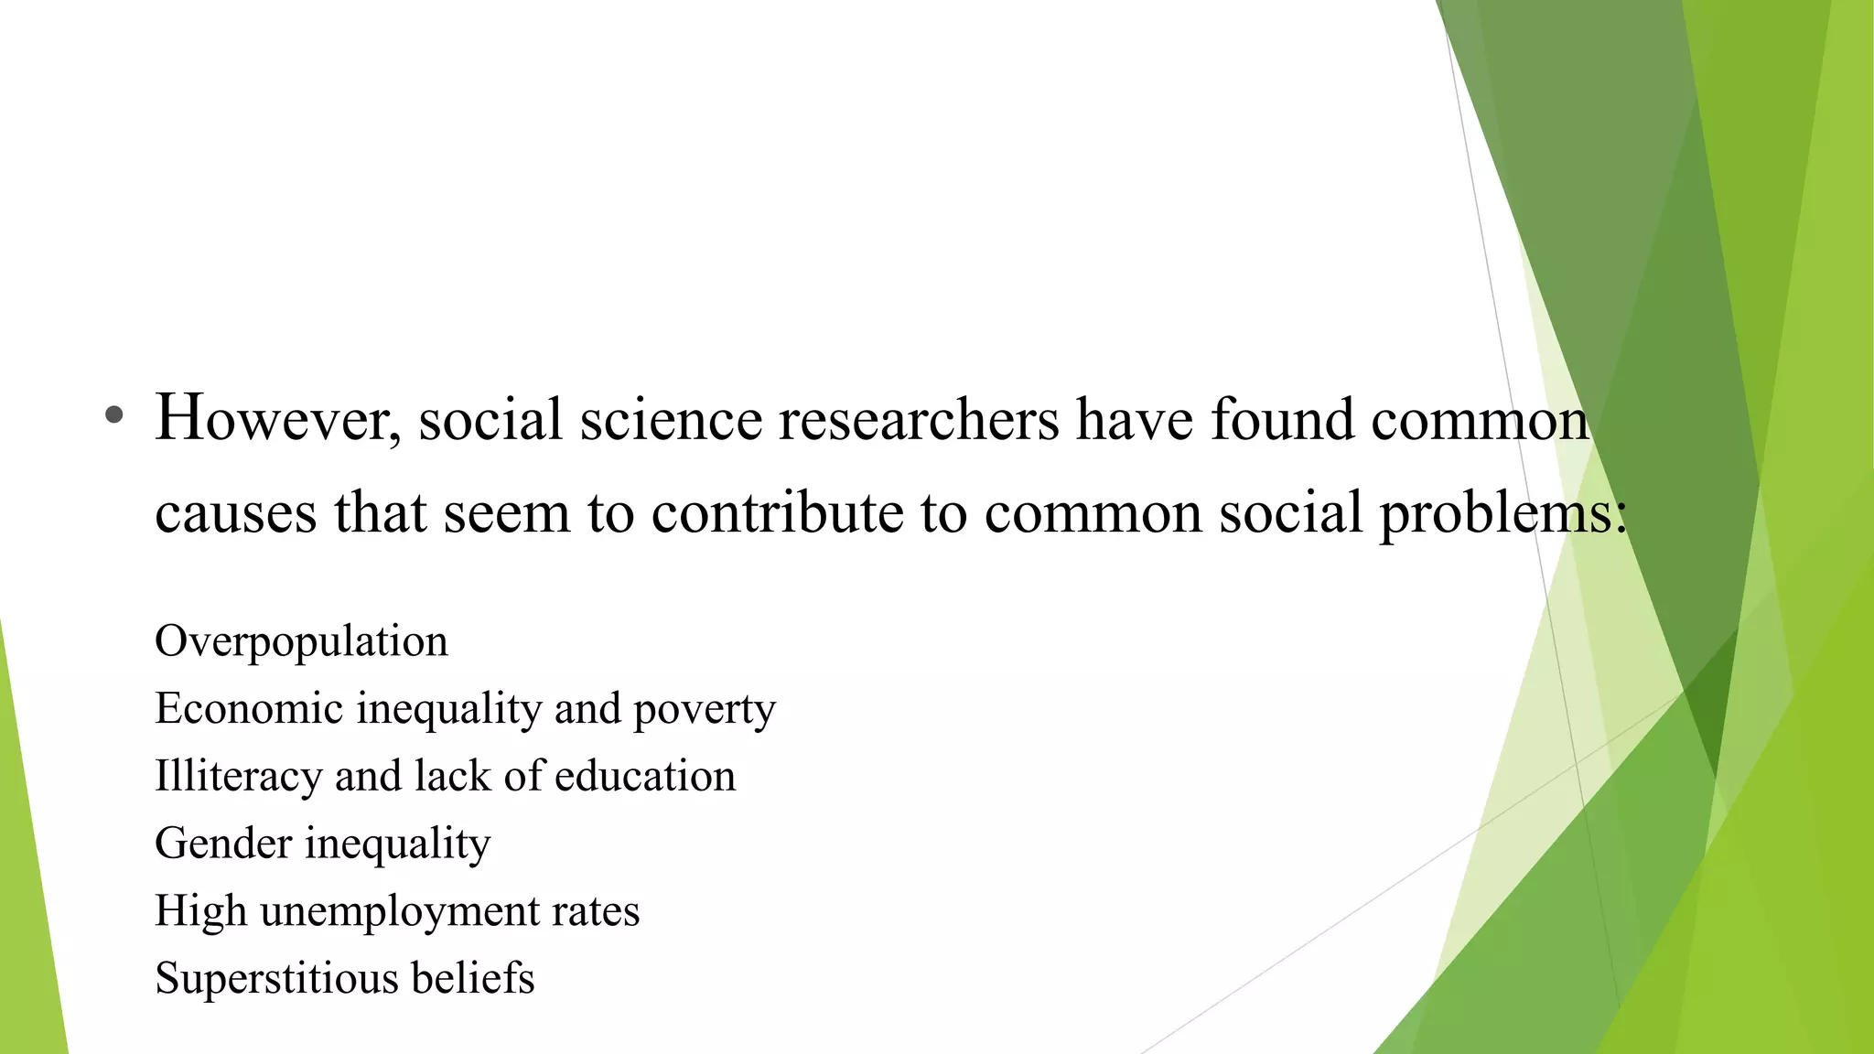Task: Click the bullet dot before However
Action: click(x=113, y=416)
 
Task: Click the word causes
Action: click(x=235, y=512)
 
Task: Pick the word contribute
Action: click(x=777, y=512)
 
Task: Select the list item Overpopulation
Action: click(x=301, y=641)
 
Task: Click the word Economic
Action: click(x=248, y=709)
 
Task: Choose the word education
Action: click(x=644, y=776)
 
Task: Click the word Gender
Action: click(x=223, y=844)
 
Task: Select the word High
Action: click(x=200, y=911)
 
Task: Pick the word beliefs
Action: click(x=472, y=978)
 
